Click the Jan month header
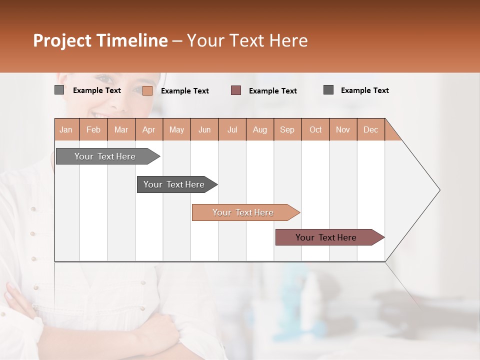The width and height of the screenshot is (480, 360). click(x=66, y=129)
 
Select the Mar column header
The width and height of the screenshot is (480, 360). click(x=121, y=129)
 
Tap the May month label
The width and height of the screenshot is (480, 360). click(x=176, y=129)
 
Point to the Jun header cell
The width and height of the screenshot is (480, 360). click(x=204, y=129)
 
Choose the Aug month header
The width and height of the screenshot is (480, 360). click(x=260, y=129)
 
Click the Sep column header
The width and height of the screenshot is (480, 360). click(x=287, y=129)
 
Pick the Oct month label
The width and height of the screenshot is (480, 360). click(x=315, y=129)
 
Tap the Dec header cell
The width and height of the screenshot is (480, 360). click(x=371, y=129)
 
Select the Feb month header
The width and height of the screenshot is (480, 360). click(x=93, y=129)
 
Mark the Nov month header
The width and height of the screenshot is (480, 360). click(x=343, y=129)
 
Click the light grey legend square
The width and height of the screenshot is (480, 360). click(x=59, y=90)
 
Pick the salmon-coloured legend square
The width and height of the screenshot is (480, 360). click(x=147, y=90)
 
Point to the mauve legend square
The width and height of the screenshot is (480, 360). click(x=236, y=90)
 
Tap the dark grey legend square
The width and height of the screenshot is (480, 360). click(x=328, y=89)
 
